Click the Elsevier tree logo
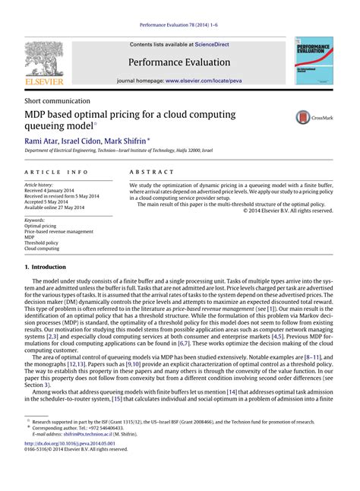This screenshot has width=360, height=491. [x=44, y=61]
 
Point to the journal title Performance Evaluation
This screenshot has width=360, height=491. [x=180, y=62]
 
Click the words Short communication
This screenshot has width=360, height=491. [x=58, y=100]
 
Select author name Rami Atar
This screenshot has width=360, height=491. [x=43, y=141]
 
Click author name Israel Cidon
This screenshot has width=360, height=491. [x=90, y=141]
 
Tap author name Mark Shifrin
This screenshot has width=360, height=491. [x=142, y=141]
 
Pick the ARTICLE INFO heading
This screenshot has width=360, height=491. [x=57, y=173]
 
